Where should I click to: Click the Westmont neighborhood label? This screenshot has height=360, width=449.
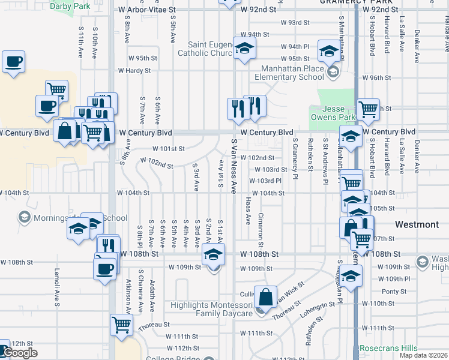[x=417, y=224]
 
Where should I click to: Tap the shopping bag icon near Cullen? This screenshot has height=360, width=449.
[x=265, y=297]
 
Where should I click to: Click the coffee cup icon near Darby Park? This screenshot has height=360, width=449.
[x=13, y=62]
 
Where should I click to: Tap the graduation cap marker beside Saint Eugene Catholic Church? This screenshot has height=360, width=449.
[x=244, y=49]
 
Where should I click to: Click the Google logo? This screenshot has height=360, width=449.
[x=19, y=353]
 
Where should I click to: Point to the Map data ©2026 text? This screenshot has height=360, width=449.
[x=423, y=355]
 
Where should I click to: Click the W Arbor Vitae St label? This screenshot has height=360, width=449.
[x=147, y=10]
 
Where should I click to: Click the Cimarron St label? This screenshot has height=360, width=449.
[x=261, y=229]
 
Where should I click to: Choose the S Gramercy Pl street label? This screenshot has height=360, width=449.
[x=295, y=158]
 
